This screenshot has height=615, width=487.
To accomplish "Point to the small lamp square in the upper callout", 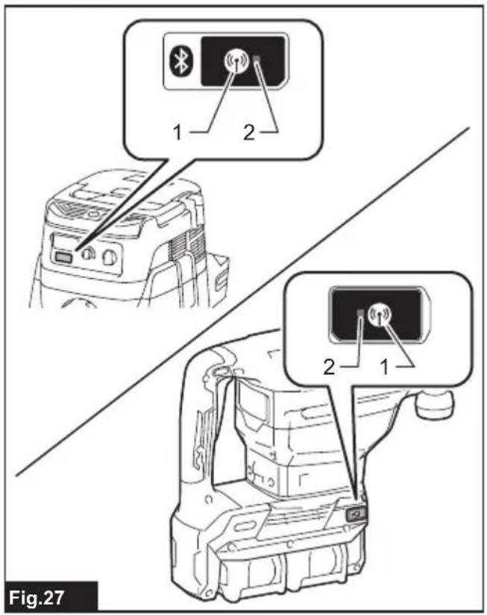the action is tap(258, 59).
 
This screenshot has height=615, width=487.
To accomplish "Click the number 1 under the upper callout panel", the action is tap(177, 133).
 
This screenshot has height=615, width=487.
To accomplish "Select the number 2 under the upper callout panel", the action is tap(249, 133).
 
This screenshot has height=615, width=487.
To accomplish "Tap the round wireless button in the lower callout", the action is tap(380, 314).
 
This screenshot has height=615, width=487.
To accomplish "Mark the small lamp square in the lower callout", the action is tap(361, 313).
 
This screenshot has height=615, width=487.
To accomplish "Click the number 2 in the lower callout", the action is tap(329, 367).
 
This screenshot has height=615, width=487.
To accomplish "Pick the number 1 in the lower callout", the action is tap(384, 367).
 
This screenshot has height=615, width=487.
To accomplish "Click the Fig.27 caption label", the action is tap(37, 598).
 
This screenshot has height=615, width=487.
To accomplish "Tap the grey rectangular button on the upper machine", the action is tap(63, 257).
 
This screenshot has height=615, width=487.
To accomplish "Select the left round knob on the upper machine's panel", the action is tap(87, 254).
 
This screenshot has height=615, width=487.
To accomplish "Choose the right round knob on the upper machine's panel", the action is tap(109, 257).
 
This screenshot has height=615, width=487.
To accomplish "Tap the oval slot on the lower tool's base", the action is tap(245, 526).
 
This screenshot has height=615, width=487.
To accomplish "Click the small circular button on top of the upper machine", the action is tap(92, 214).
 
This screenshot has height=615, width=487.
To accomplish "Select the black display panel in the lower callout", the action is tap(376, 315).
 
